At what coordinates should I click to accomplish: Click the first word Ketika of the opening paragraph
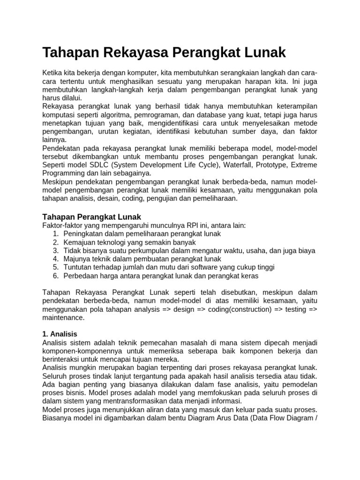click(52, 74)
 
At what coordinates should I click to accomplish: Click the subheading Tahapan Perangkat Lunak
click(91, 217)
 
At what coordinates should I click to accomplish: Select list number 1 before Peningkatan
click(55, 233)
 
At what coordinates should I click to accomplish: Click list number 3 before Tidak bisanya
click(55, 250)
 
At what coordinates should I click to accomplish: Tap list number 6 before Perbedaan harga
click(55, 276)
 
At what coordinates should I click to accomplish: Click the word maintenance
click(63, 318)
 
